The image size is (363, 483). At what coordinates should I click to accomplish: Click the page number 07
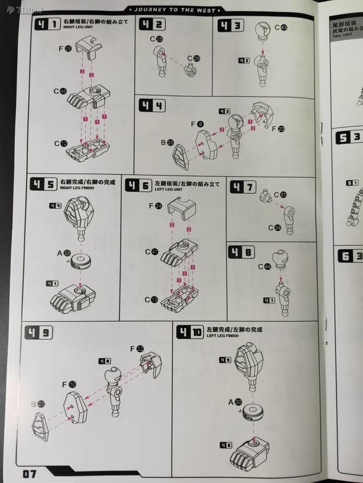click(29, 473)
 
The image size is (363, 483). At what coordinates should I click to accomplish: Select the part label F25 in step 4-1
click(65, 49)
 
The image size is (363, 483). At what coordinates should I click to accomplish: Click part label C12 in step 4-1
click(61, 144)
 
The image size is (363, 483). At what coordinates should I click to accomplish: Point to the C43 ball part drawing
click(263, 31)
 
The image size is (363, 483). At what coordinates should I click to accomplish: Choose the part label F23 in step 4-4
click(278, 129)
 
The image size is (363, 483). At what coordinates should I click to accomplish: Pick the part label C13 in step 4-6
click(151, 300)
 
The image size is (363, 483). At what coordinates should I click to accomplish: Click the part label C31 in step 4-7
click(280, 195)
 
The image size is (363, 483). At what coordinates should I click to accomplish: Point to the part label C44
click(264, 266)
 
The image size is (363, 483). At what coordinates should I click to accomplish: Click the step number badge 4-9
click(39, 332)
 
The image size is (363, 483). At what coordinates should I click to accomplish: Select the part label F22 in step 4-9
click(137, 349)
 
